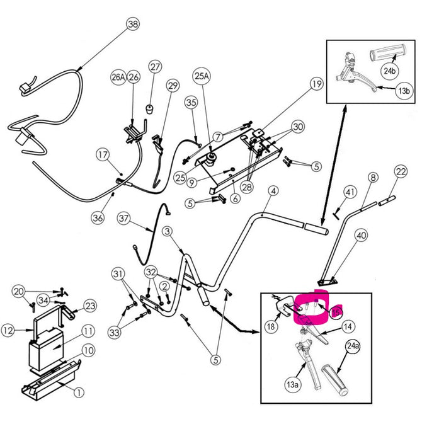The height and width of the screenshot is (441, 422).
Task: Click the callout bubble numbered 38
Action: [132, 25]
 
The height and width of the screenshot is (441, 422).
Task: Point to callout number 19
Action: [316, 83]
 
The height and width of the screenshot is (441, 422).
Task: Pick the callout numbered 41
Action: [351, 192]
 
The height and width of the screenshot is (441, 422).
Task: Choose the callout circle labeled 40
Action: [360, 236]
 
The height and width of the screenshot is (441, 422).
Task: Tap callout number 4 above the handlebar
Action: [273, 190]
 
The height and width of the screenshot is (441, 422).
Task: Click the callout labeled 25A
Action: [201, 75]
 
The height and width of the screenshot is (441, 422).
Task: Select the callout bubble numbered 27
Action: [156, 66]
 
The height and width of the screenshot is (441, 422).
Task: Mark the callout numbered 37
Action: [124, 220]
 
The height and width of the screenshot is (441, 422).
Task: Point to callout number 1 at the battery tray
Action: [79, 392]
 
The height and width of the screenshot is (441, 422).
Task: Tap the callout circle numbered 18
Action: [270, 327]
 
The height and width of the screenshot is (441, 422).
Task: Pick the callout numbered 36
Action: [97, 217]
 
